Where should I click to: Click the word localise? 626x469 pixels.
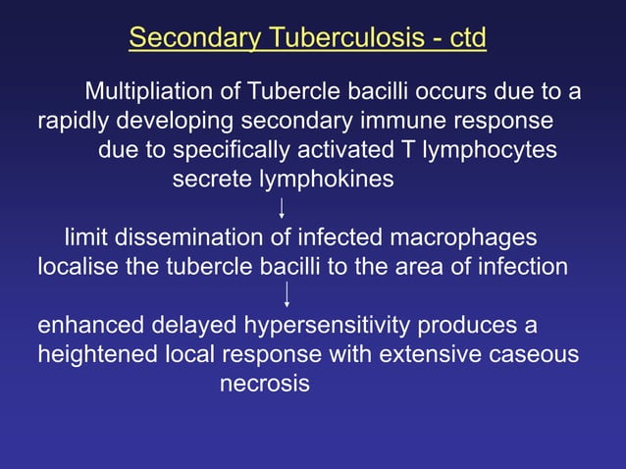tap(78, 266)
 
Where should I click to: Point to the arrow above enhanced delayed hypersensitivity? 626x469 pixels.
tap(287, 295)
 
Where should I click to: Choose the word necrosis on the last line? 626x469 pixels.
tap(264, 384)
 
